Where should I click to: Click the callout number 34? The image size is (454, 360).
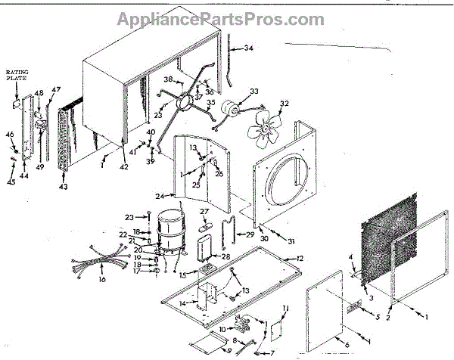click(248, 48)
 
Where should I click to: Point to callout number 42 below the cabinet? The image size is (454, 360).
click(125, 166)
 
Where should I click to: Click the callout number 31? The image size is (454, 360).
click(291, 241)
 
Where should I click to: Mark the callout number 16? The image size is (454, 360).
click(103, 280)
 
